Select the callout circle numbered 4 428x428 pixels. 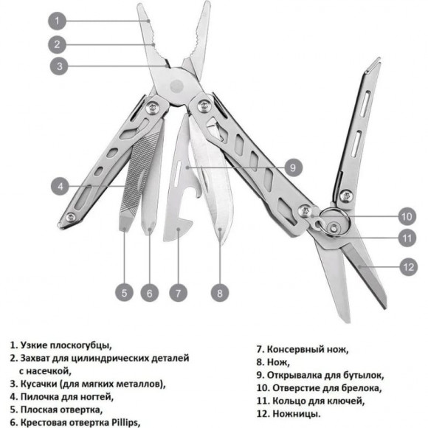click(x=61, y=185)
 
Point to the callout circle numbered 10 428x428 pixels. click(x=407, y=217)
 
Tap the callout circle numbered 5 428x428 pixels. click(x=125, y=292)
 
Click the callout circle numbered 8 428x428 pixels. click(x=219, y=292)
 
